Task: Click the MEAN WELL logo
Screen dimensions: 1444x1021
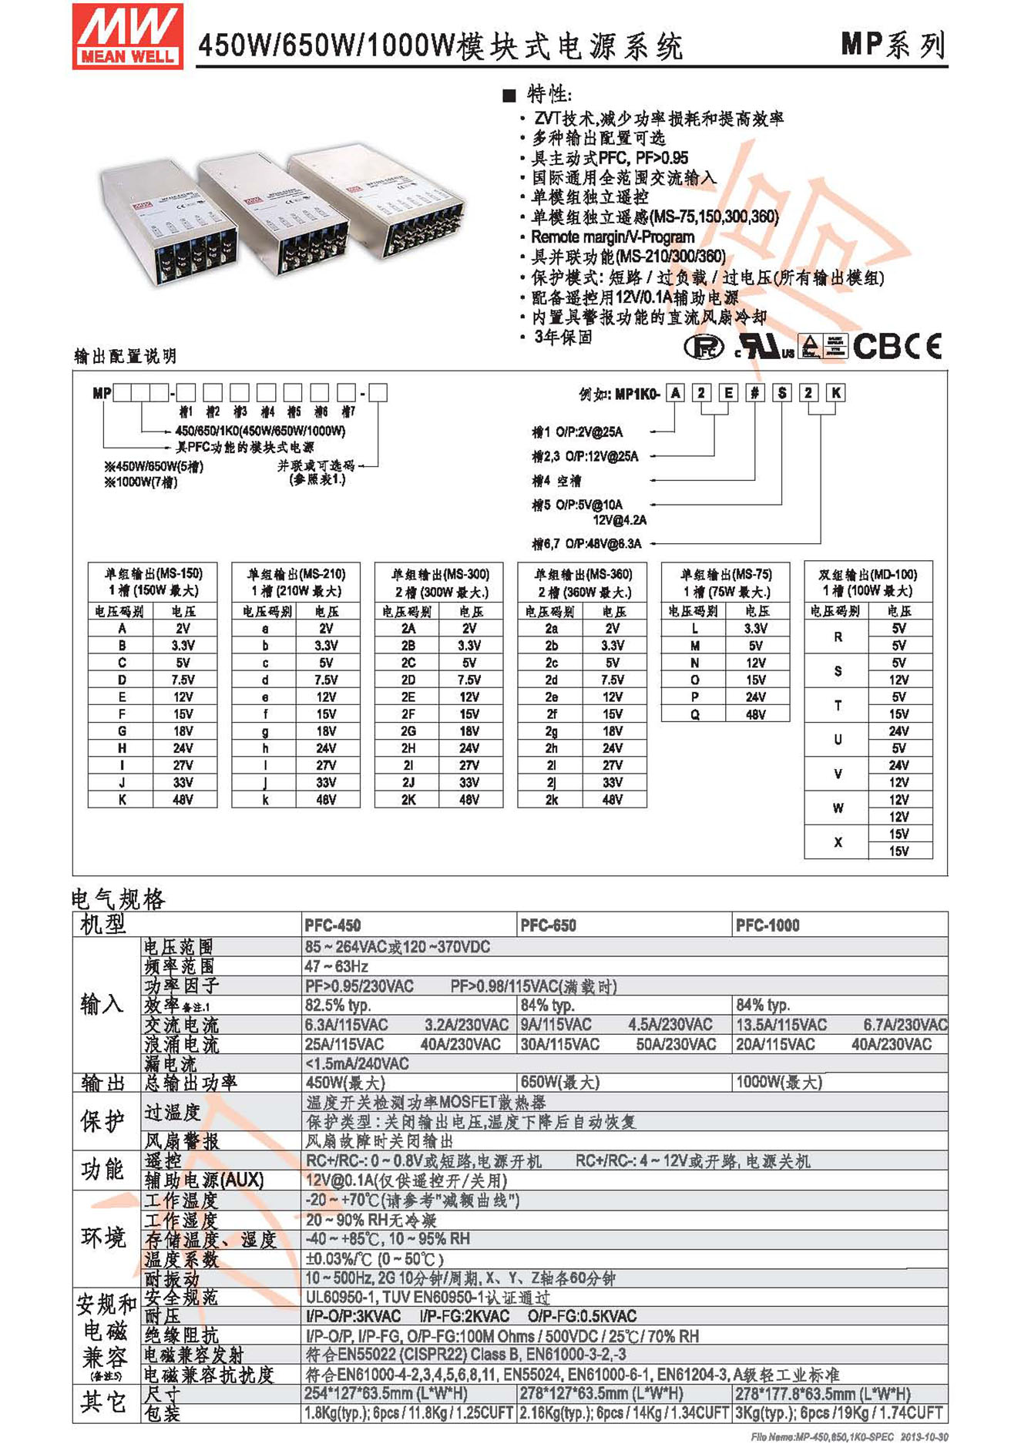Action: pyautogui.click(x=128, y=36)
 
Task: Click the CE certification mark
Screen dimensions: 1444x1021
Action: pyautogui.click(x=922, y=346)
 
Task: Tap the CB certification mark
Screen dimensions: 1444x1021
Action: pyautogui.click(x=876, y=346)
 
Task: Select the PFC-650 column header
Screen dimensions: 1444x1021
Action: pyautogui.click(x=548, y=925)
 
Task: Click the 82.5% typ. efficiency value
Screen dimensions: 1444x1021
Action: pyautogui.click(x=338, y=1005)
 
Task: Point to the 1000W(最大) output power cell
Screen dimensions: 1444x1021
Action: pyautogui.click(x=779, y=1082)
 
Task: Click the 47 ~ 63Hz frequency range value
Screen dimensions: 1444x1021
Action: pyautogui.click(x=337, y=966)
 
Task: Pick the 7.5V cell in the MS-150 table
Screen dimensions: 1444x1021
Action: pyautogui.click(x=183, y=680)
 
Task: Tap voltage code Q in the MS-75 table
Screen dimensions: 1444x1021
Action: pyautogui.click(x=694, y=714)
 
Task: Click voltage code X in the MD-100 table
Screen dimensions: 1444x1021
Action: pyautogui.click(x=838, y=842)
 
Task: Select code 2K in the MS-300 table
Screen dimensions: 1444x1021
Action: pyautogui.click(x=408, y=800)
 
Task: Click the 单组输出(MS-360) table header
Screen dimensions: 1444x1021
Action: pyautogui.click(x=583, y=583)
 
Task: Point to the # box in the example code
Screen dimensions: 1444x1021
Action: pyautogui.click(x=755, y=393)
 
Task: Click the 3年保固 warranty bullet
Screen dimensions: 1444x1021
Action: pyautogui.click(x=563, y=337)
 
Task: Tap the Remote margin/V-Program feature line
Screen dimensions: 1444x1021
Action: pyautogui.click(x=613, y=237)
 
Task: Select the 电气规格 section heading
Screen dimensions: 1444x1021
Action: pyautogui.click(x=118, y=898)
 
